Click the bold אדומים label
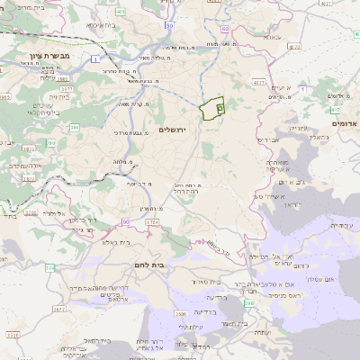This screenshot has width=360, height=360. [x=345, y=123]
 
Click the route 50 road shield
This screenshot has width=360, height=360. [x=170, y=26]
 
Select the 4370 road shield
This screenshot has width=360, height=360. [x=260, y=82]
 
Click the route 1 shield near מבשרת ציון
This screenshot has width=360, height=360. [x=94, y=59]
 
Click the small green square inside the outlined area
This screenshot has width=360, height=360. [x=220, y=106]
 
